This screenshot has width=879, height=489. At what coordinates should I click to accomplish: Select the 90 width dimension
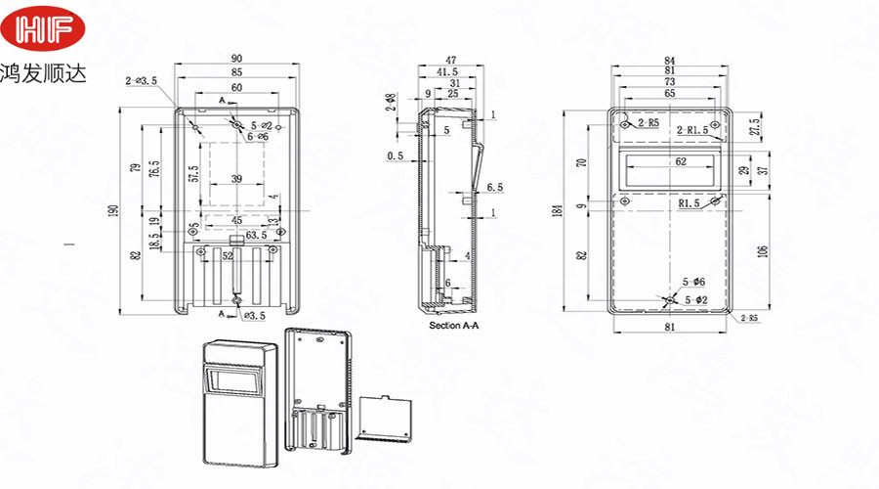236,60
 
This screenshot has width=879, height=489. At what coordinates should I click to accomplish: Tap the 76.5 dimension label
153,168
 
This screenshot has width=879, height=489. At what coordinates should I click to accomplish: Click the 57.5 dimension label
193,174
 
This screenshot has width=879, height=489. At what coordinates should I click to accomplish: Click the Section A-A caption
454,324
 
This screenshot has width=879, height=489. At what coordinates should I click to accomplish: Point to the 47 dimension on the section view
451,60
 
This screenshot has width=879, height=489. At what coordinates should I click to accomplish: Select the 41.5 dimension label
448,72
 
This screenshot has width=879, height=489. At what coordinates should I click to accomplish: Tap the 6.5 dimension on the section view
493,186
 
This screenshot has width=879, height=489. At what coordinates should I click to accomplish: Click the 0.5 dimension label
395,156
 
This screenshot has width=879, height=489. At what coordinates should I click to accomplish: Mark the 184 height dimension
559,210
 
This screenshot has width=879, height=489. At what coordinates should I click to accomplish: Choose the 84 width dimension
669,60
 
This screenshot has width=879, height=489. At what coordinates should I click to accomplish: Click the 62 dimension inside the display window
668,161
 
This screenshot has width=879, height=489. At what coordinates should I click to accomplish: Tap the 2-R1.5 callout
692,130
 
